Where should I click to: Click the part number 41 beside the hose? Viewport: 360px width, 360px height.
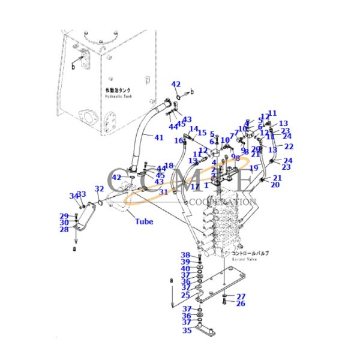[158, 138]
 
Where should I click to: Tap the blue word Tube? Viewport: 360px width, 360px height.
[143, 221]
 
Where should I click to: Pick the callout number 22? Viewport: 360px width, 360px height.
[289, 146]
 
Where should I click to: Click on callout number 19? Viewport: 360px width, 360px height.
[254, 169]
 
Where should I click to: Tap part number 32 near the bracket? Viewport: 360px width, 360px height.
[99, 188]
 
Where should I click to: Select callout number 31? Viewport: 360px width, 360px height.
[163, 192]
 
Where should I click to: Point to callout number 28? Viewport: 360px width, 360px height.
[64, 229]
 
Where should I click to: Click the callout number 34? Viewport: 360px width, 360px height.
[73, 196]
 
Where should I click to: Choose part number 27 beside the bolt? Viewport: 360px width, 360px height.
[241, 296]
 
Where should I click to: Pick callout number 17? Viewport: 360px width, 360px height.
[195, 187]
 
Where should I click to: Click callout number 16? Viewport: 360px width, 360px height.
[179, 141]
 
